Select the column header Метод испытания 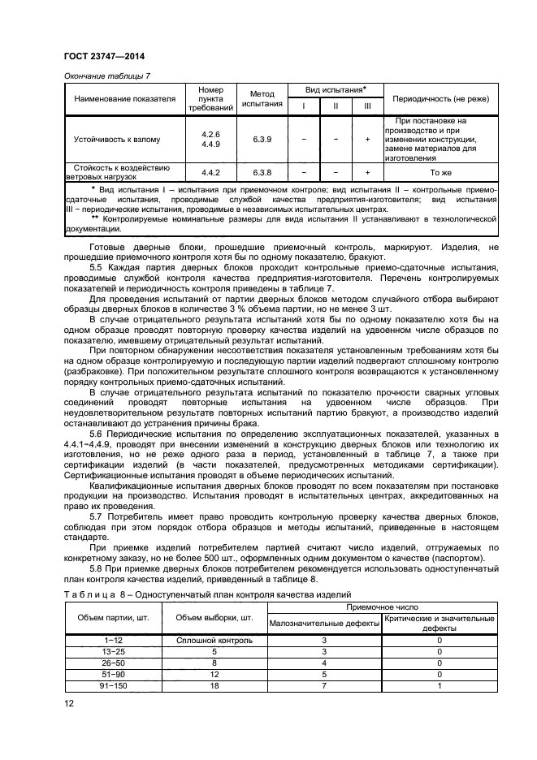pyautogui.click(x=262, y=99)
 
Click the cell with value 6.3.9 pyautogui.click(x=262, y=140)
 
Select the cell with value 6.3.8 pyautogui.click(x=262, y=172)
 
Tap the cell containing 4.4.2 pyautogui.click(x=210, y=172)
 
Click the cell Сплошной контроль pyautogui.click(x=209, y=641)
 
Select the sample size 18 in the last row pyautogui.click(x=209, y=685)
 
